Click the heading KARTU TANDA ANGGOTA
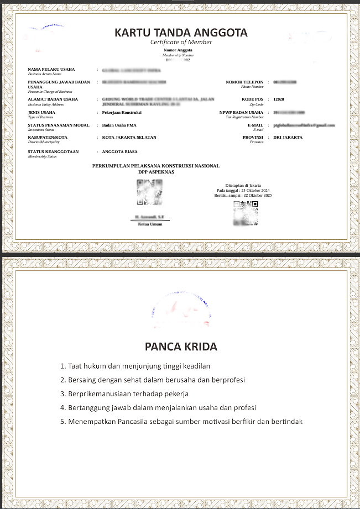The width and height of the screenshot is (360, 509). pyautogui.click(x=181, y=33)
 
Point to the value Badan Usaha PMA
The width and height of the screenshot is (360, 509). pyautogui.click(x=120, y=125)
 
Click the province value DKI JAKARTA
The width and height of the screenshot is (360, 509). pyautogui.click(x=288, y=137)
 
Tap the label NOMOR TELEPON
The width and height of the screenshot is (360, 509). pyautogui.click(x=244, y=82)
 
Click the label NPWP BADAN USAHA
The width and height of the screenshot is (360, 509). pyautogui.click(x=241, y=112)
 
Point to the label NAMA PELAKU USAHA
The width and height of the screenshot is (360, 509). pyautogui.click(x=51, y=69)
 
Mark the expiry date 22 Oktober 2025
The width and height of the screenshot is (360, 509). pyautogui.click(x=255, y=195)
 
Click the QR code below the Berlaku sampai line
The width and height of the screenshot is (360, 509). pyautogui.click(x=246, y=213)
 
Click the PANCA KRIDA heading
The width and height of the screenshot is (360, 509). pyautogui.click(x=181, y=347)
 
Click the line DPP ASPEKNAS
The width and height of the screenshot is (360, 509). pyautogui.click(x=156, y=172)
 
